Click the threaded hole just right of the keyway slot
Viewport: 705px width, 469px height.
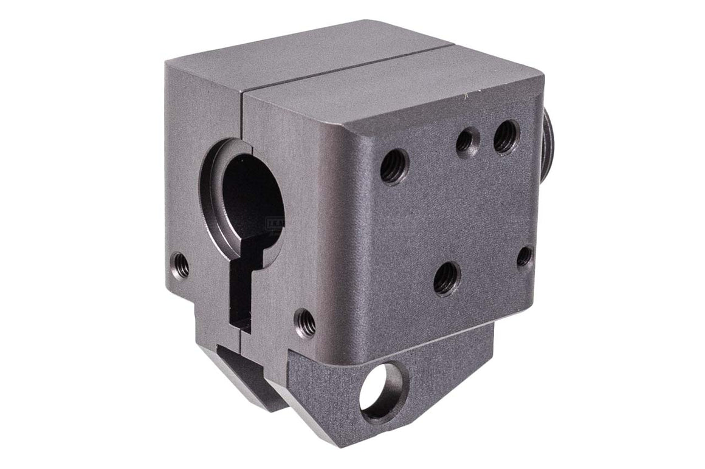click(305, 322)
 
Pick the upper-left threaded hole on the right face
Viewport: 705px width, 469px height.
click(394, 166)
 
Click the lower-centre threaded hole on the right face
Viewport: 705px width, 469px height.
click(447, 278)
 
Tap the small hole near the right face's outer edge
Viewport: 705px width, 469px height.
click(524, 256)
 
